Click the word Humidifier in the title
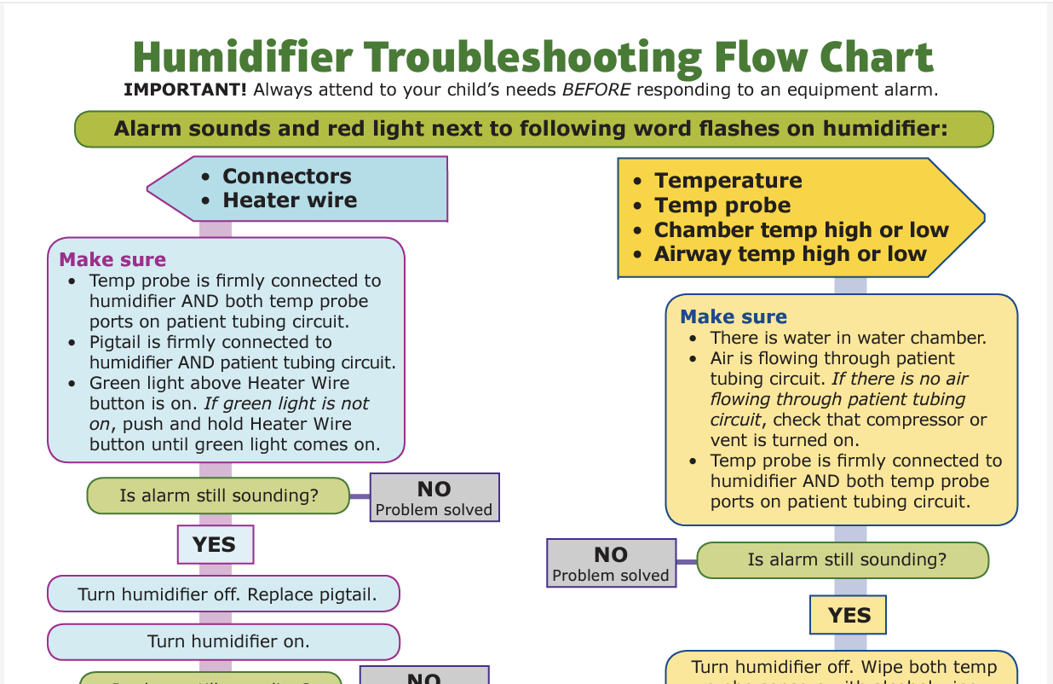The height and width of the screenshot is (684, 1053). point(243,57)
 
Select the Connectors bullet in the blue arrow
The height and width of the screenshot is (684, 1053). point(286,177)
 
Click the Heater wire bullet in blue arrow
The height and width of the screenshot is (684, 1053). point(290,200)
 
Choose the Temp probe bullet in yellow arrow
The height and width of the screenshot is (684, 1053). point(722,206)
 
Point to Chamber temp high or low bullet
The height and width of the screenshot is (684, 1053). point(800,230)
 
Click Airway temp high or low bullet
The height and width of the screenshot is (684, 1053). point(789,254)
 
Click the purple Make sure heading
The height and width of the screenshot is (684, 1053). point(112,260)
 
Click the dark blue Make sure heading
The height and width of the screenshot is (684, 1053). point(733,317)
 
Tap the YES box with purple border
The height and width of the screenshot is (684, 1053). point(215,545)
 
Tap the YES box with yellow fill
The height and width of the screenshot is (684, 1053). point(849,616)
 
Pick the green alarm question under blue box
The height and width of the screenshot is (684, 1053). point(218,496)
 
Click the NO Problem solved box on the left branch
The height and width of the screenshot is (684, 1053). point(434,498)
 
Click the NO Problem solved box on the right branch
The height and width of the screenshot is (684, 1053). point(610,564)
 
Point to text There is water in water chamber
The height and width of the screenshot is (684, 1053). point(848,338)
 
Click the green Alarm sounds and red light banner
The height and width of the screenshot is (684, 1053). point(534,130)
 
